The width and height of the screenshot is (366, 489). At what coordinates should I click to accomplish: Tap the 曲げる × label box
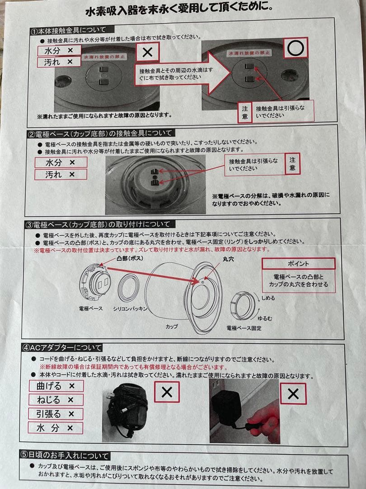tap(56, 386)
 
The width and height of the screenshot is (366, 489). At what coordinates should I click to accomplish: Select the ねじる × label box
tap(56, 400)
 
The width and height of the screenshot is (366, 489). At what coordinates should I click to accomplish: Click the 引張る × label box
tap(56, 414)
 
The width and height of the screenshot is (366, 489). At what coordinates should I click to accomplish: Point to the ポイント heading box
tap(298, 264)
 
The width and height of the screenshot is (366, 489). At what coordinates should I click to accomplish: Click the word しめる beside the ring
tap(267, 298)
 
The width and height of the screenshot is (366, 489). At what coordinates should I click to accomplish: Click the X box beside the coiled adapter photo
tap(167, 392)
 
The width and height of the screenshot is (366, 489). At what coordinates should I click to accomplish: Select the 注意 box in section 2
tap(292, 164)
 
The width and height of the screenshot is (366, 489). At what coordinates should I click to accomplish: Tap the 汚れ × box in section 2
tap(60, 174)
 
